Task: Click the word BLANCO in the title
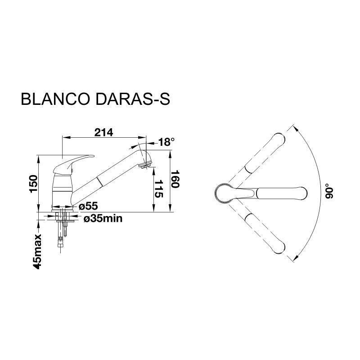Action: tap(55, 99)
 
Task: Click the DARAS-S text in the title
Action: tap(132, 99)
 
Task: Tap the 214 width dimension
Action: tap(104, 132)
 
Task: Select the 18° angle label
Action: tap(166, 142)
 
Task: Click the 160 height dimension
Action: tap(175, 179)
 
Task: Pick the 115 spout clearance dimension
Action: tap(159, 189)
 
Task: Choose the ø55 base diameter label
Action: tap(88, 206)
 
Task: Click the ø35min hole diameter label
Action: tap(103, 219)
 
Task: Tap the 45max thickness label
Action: tap(37, 252)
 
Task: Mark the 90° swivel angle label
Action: tap(328, 191)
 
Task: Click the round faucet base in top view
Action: tap(223, 193)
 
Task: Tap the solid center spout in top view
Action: tap(271, 193)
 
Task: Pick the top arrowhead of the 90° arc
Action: tap(297, 129)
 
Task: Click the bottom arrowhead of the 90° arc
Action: tap(297, 257)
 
